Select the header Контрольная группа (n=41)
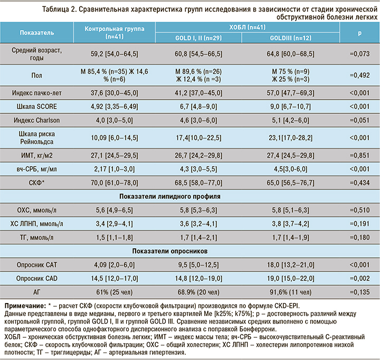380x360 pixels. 114,33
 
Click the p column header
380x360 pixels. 359,33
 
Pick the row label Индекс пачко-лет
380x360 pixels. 36,93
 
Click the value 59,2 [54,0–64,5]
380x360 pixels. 114,53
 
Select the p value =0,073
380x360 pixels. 359,53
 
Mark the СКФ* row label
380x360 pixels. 36,183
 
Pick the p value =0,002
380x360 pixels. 359,278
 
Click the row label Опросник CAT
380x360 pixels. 36,265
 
